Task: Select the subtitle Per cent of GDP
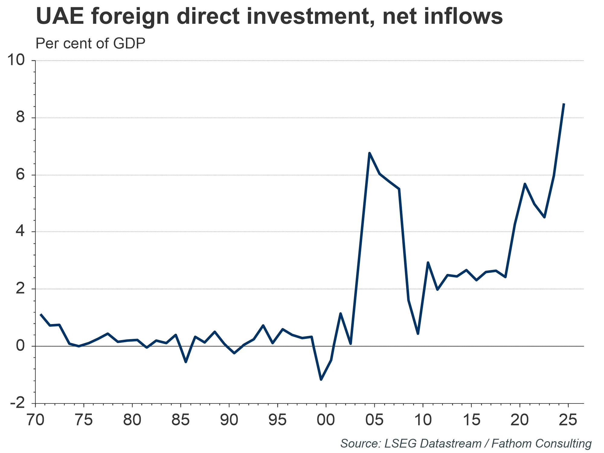pos(90,44)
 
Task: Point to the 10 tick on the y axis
pos(16,60)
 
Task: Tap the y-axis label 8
pos(20,117)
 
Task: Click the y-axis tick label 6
pos(20,175)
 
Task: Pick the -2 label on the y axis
pos(17,403)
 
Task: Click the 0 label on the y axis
pos(20,346)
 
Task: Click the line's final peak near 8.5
pos(564,104)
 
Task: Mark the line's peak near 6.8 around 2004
pos(369,153)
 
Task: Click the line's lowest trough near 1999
pos(321,380)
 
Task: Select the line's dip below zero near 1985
pos(185,362)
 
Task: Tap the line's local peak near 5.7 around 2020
pos(525,184)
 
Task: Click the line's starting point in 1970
pos(40,314)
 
